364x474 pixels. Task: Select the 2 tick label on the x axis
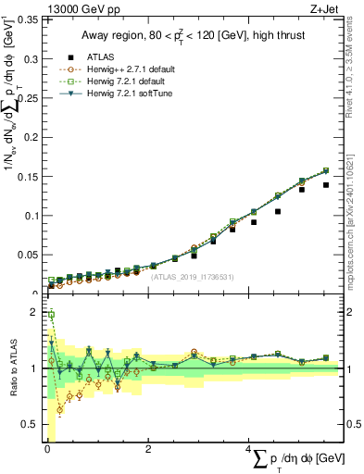click(149, 448)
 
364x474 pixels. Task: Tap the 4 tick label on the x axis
click(249, 448)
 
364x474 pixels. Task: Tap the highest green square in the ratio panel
click(51, 315)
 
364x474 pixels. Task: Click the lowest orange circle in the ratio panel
click(60, 409)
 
